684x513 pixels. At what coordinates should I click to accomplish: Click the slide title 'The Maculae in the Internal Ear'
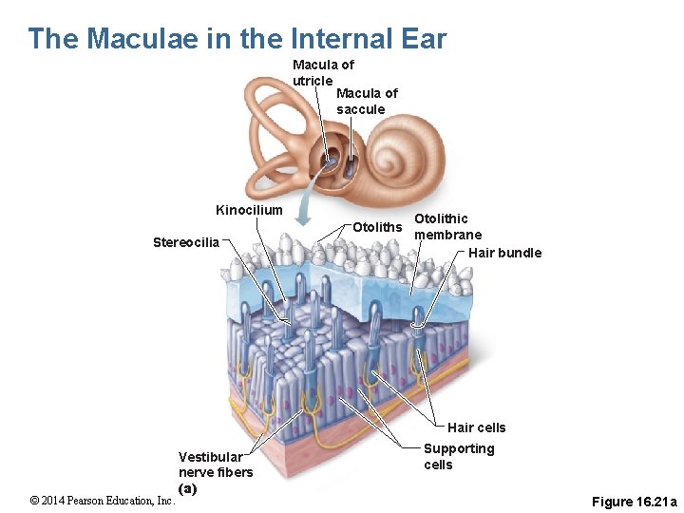pos(237,39)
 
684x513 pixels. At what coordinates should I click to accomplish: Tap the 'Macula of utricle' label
pos(323,72)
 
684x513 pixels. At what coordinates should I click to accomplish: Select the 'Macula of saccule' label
pos(367,101)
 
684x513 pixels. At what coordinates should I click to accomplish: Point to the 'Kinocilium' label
pos(249,210)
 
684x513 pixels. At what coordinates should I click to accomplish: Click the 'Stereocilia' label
pos(186,242)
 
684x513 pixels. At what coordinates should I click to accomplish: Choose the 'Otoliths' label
pos(377,227)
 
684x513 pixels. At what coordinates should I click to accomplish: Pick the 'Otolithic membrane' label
pos(447,226)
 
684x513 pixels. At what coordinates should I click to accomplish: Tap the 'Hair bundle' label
pos(504,253)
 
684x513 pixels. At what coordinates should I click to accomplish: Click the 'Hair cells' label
pos(476,427)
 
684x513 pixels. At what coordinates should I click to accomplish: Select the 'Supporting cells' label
pos(459,456)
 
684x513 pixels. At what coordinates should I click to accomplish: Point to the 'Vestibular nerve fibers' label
pos(216,465)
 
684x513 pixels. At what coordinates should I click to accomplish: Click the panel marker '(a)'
pos(187,488)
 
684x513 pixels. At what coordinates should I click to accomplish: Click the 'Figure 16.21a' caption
pos(634,501)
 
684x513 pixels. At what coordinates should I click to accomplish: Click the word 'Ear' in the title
pos(423,39)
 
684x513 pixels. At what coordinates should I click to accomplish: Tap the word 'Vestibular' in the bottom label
pos(210,457)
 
